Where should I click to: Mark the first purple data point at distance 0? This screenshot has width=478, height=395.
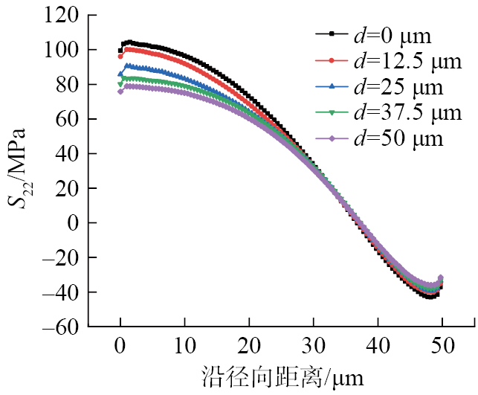point(120,91)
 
